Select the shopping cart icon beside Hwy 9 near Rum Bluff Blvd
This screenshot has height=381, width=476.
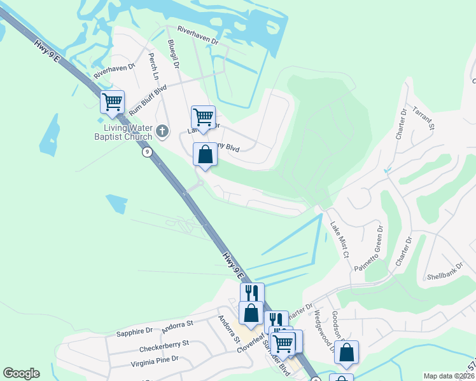tap(112, 102)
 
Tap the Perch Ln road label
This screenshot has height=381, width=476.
tap(153, 65)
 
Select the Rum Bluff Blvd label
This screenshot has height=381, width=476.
tap(148, 100)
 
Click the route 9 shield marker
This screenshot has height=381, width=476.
tap(147, 152)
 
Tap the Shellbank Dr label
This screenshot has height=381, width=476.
tap(445, 272)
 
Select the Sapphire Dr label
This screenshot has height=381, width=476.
tap(134, 331)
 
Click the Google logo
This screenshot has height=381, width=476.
tap(21, 373)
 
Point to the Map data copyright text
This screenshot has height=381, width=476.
tap(449, 376)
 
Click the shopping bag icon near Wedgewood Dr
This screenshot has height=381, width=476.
tap(346, 353)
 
